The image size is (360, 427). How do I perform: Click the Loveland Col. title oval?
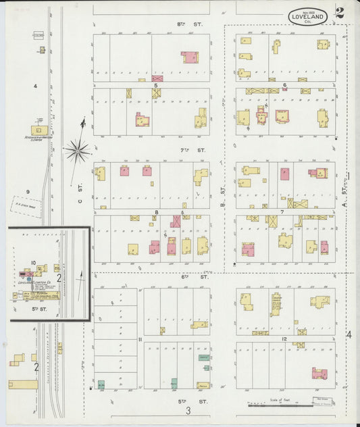click(x=308, y=16)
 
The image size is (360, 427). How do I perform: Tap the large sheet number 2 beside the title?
click(x=339, y=14)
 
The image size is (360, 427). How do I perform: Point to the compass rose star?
click(x=78, y=150)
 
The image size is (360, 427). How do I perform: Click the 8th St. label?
click(x=181, y=24)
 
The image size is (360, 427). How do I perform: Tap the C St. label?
click(x=79, y=200)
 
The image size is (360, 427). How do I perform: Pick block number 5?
click(x=156, y=85)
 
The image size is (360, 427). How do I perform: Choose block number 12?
click(x=285, y=338)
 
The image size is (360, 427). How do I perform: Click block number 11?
click(x=140, y=338)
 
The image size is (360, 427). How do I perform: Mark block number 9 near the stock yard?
click(x=28, y=192)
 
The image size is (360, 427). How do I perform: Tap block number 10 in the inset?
click(x=32, y=263)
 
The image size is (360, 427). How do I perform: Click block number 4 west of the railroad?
click(x=35, y=86)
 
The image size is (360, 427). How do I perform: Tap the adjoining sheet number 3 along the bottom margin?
click(x=189, y=410)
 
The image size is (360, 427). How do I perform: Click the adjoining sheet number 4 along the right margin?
click(x=349, y=334)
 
